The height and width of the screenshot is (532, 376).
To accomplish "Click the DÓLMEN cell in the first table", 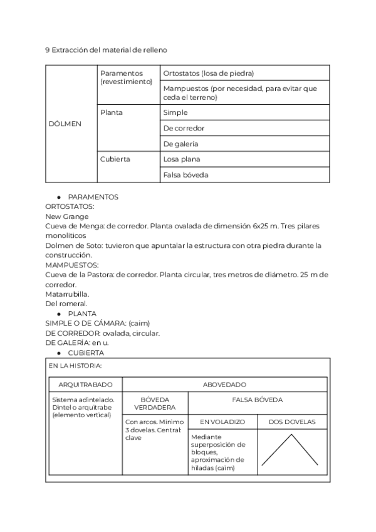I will [65, 124].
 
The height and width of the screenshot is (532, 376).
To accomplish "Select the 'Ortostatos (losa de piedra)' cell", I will [208, 73].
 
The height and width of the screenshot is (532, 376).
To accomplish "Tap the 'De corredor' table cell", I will [184, 128].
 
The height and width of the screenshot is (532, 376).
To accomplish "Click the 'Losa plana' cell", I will [182, 159].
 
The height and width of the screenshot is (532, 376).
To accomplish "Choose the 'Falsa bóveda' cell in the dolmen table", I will [185, 175].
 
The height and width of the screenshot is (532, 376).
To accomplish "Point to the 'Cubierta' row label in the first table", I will [115, 159].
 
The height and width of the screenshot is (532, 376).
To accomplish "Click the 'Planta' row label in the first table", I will [112, 113].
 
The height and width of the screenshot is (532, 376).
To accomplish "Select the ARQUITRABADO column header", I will [85, 385].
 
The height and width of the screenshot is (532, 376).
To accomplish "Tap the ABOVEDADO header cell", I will [224, 385].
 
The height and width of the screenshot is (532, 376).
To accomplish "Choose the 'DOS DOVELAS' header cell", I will [292, 422].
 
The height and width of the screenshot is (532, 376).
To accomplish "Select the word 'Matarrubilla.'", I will [67, 294].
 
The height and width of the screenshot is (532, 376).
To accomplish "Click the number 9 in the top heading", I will [48, 49].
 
